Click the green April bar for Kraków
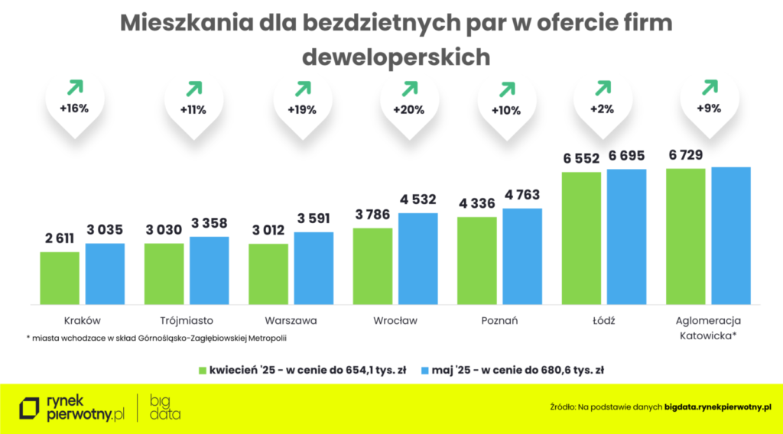(60, 277)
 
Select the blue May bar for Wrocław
(418, 258)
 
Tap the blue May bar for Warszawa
(314, 267)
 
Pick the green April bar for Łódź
(581, 238)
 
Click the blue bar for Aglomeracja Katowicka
(731, 235)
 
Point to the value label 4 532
(417, 199)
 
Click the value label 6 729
(686, 155)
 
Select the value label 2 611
(60, 238)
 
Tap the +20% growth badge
(408, 109)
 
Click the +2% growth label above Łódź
(603, 109)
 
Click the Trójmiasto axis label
(187, 321)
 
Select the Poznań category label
(500, 321)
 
